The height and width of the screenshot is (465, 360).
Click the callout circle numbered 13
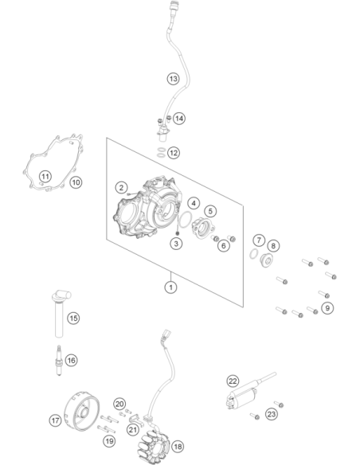[173, 79]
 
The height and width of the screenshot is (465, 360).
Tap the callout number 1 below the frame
[170, 287]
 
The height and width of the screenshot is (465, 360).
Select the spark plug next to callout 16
[59, 360]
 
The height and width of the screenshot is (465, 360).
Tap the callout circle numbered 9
[327, 308]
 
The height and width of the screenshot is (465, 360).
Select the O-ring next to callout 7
[253, 254]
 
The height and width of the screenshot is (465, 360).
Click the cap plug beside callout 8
[266, 260]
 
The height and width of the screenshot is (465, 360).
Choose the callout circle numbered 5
[210, 211]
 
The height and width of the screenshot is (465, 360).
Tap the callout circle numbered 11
[45, 177]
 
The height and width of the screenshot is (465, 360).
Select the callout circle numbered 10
[76, 182]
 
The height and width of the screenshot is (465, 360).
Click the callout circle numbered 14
[179, 119]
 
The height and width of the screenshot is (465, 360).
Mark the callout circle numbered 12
[174, 153]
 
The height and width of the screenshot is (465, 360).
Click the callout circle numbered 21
[133, 429]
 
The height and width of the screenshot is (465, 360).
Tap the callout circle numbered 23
[272, 414]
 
